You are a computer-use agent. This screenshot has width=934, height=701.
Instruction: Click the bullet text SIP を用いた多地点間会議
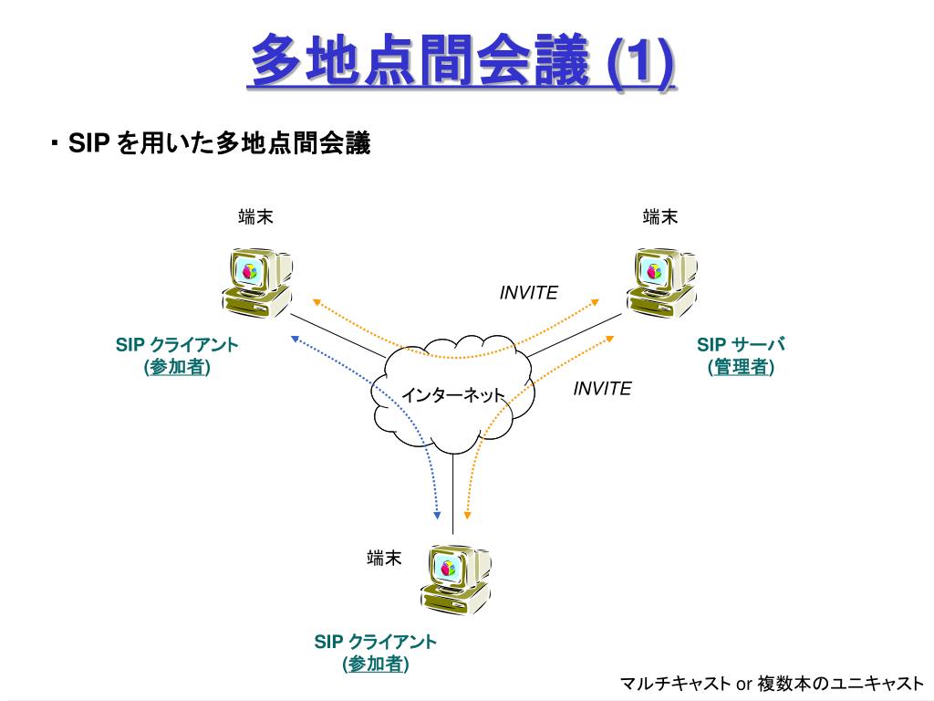coord(219,143)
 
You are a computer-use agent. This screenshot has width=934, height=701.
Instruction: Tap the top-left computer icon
coord(256,282)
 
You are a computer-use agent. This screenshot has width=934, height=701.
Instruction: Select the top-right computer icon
coord(661,282)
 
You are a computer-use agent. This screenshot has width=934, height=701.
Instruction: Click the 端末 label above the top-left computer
coord(256,217)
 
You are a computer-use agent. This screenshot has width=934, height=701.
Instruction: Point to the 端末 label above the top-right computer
coord(660,217)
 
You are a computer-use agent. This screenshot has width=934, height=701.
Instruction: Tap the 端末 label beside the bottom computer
coord(384,559)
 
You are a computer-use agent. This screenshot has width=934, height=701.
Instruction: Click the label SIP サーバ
coord(741,345)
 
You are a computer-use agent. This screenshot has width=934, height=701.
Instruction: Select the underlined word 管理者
coord(741,367)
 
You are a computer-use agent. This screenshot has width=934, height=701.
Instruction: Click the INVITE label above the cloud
coord(528,293)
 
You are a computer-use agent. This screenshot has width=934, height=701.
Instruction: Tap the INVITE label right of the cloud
coord(602,389)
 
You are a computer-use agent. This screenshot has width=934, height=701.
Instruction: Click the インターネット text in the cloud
coord(453,395)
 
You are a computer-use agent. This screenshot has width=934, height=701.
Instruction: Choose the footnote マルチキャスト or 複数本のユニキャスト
coord(772,684)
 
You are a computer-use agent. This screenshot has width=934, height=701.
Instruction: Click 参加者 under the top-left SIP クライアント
coord(177,367)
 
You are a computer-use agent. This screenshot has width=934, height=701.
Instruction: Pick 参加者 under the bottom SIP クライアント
coord(375,664)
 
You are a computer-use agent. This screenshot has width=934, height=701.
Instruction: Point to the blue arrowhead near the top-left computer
coord(295,338)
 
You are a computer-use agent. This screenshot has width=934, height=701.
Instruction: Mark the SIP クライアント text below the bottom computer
coord(375,642)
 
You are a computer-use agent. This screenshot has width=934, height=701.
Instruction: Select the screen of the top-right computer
coord(654,271)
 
